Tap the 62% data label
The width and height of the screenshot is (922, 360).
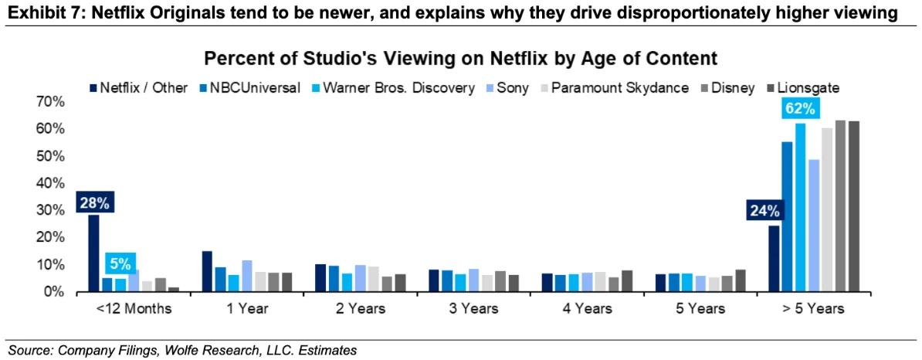800,110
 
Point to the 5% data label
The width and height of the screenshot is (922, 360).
120,263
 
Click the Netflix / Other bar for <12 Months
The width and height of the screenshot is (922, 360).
94,253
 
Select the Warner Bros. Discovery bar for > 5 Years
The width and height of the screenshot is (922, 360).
800,207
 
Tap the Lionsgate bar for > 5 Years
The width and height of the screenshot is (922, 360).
853,206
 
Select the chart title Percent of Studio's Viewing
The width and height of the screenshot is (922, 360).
460,59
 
